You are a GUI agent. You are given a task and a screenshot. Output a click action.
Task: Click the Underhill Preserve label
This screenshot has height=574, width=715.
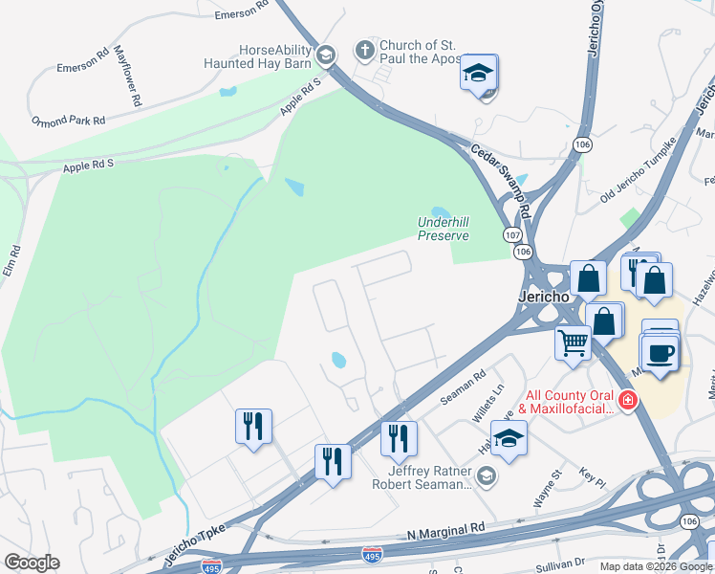[444, 229]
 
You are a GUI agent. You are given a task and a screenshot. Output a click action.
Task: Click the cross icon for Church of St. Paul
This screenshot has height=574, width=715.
[363, 49]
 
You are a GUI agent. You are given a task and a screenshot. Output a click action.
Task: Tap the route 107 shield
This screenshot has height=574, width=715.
[513, 234]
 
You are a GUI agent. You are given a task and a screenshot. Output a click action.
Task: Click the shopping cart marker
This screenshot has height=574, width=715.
[573, 341]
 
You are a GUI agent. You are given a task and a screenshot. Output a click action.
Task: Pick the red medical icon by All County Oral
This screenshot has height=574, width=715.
[627, 400]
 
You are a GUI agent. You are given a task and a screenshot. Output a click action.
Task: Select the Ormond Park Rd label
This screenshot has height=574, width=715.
[68, 121]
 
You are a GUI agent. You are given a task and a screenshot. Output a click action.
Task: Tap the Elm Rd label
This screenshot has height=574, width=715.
[15, 263]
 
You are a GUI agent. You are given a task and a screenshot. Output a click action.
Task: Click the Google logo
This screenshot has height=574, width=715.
[32, 563]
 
